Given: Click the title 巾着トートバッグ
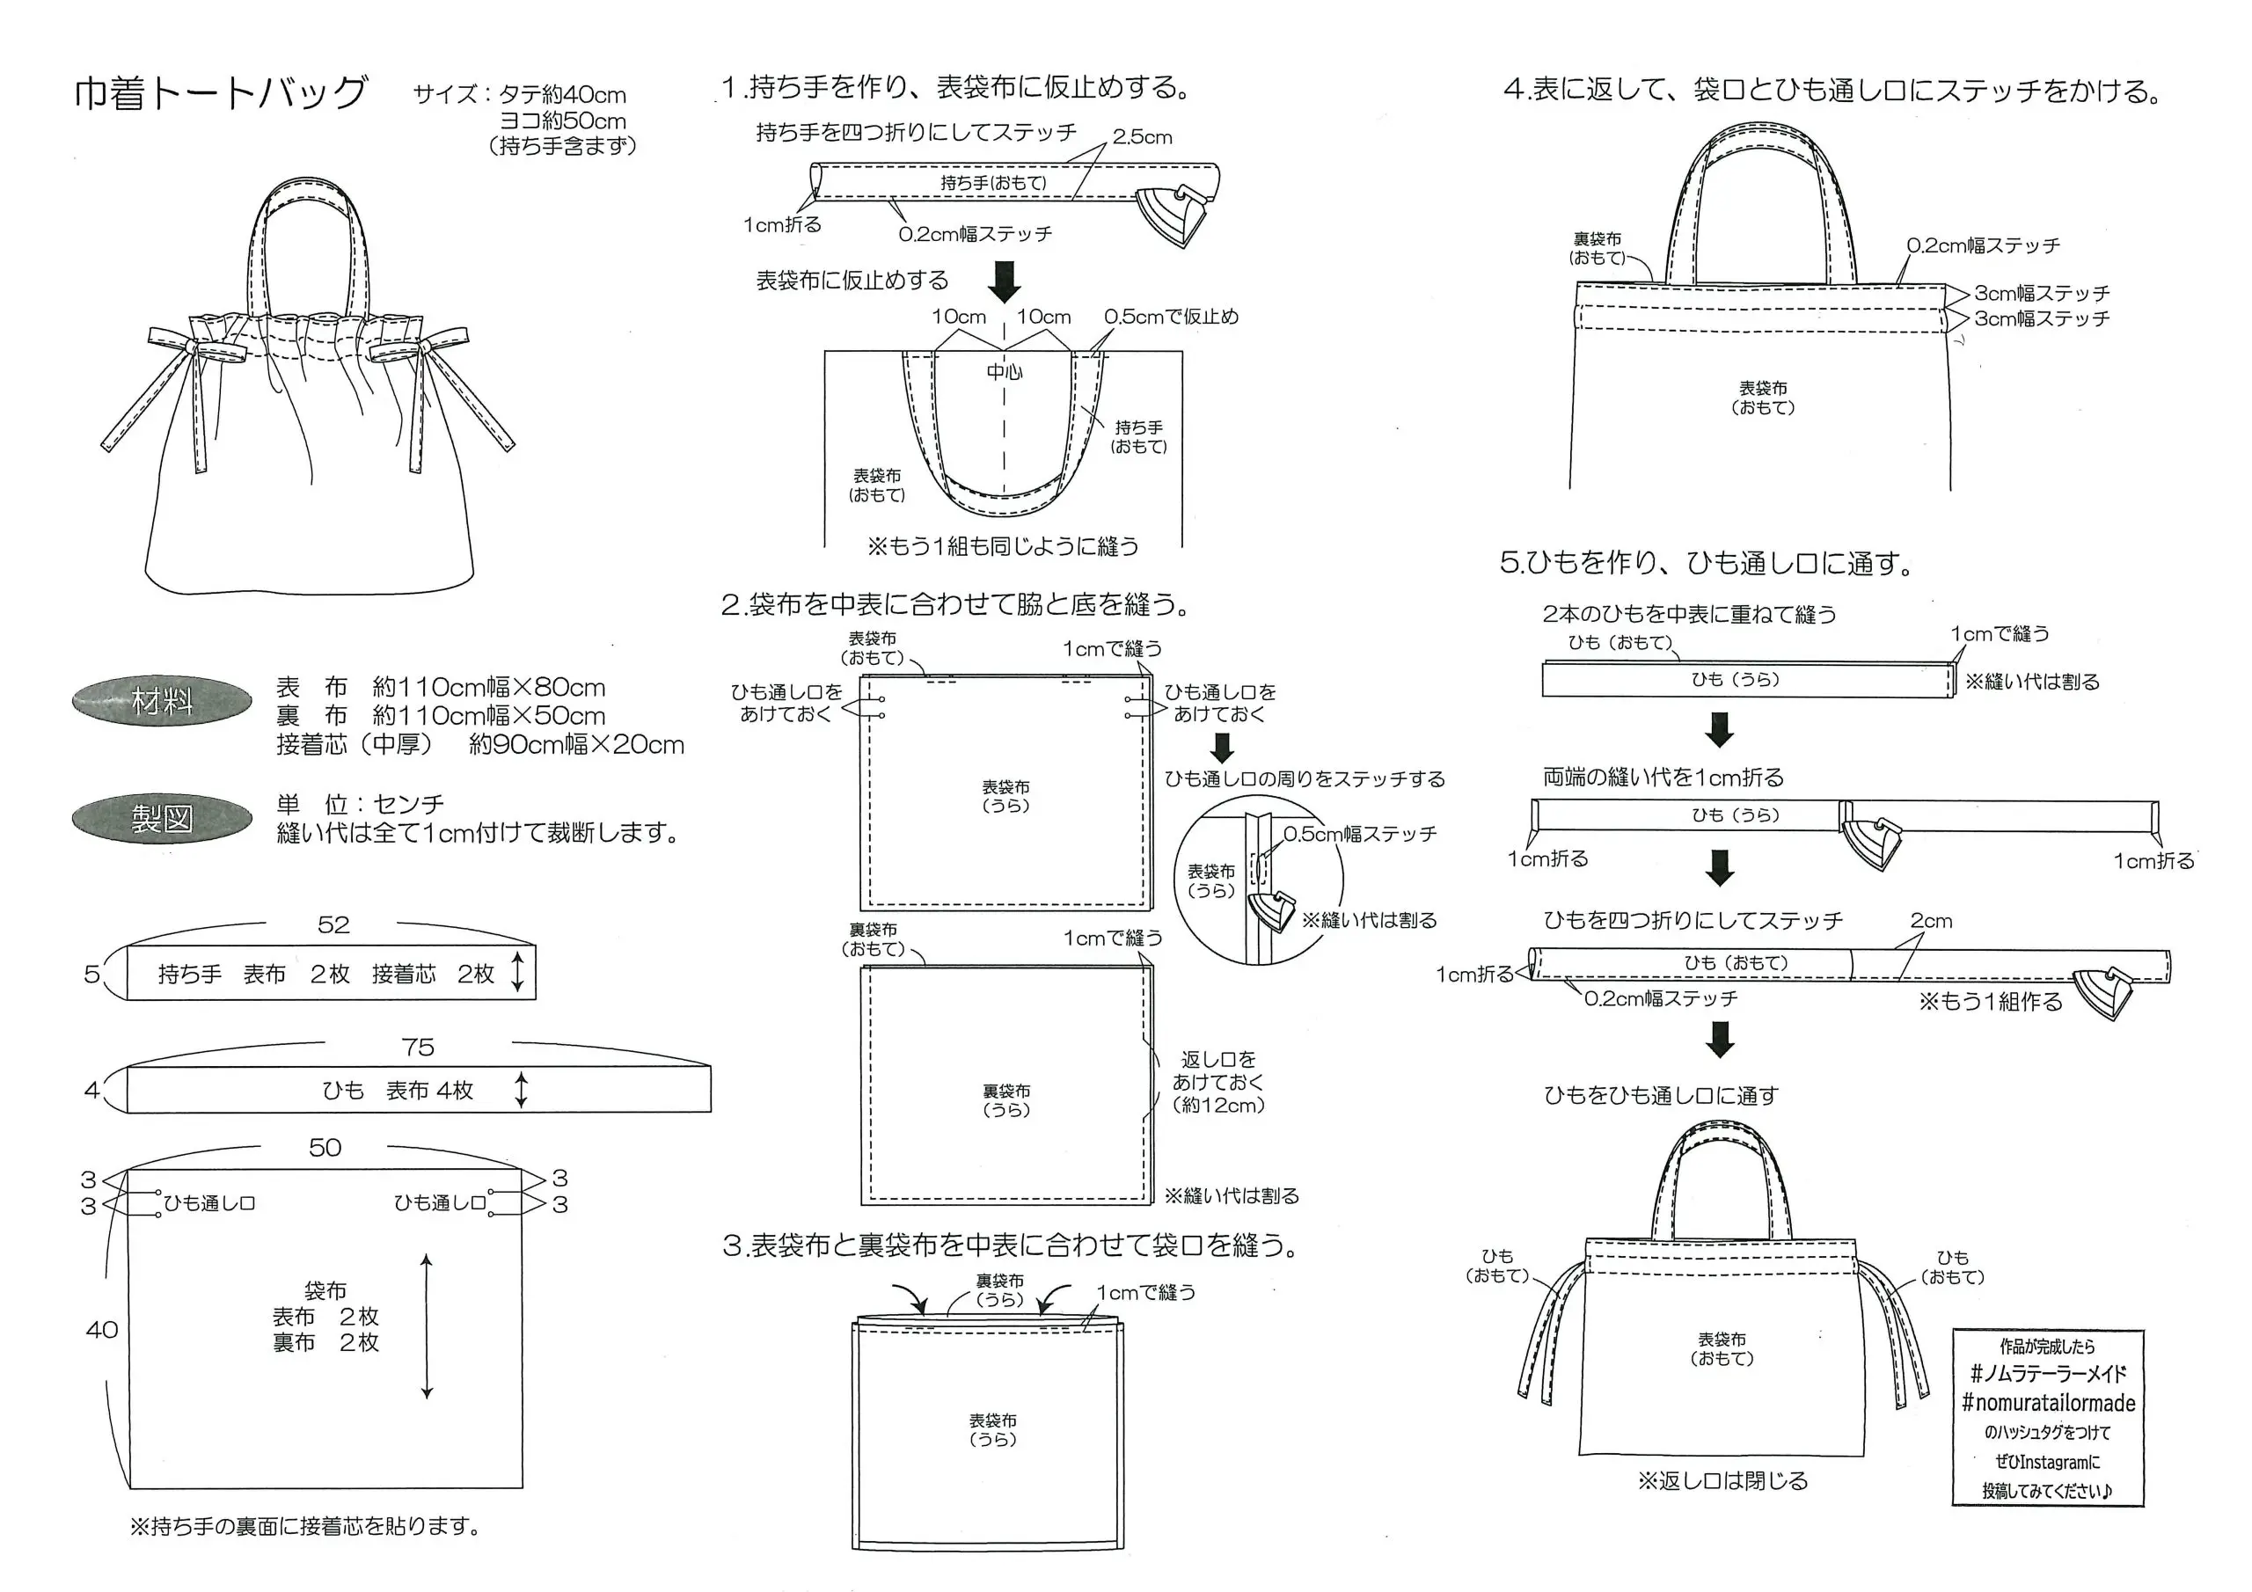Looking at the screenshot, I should [x=221, y=93].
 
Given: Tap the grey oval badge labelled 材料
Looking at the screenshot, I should [x=162, y=701].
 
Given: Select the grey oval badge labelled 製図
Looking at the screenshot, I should [x=162, y=818].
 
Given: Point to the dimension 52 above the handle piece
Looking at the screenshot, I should [x=333, y=925].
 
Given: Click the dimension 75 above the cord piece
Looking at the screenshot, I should [x=418, y=1048].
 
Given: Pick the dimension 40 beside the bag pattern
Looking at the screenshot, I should [x=102, y=1330].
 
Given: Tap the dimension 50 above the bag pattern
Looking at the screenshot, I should [x=325, y=1148].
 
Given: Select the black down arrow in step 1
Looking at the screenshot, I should [x=1005, y=281].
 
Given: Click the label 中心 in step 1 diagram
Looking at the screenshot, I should [x=1005, y=372].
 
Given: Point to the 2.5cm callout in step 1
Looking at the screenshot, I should [x=1142, y=137].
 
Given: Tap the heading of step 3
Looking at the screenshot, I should [x=1010, y=1245].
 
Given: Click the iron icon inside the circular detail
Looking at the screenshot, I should [x=1271, y=909].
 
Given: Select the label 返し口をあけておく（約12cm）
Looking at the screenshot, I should [x=1218, y=1082].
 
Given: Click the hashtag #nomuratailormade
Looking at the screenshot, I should [x=2048, y=1403].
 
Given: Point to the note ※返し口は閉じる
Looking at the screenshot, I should [x=1722, y=1481].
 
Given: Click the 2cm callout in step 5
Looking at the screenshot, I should [x=1930, y=921].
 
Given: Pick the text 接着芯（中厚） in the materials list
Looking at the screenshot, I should [x=355, y=744].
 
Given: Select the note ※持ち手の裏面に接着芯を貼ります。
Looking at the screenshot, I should [x=305, y=1526].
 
